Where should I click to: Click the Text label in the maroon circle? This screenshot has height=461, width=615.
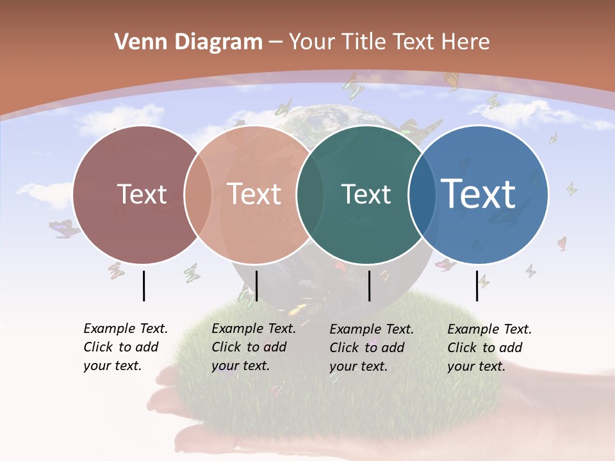pos(142,194)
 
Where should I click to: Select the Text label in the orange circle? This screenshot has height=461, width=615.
pos(254,194)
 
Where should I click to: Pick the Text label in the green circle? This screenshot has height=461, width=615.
pos(366,194)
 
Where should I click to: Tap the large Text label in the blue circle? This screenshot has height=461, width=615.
pos(479,193)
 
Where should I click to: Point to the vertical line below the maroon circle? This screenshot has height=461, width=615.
pos(143,286)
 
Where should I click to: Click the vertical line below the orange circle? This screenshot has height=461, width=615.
pos(256,286)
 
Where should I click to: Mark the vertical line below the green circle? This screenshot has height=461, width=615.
pos(369,286)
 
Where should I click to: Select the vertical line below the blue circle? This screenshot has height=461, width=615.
pos(477,286)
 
